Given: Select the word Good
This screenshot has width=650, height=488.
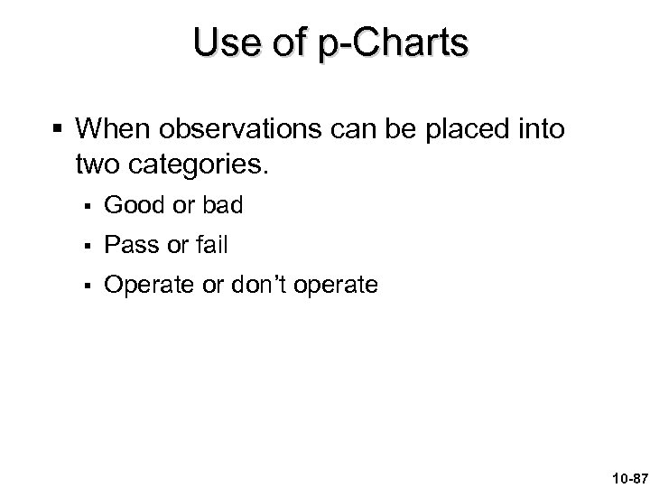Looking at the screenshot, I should click(x=135, y=206).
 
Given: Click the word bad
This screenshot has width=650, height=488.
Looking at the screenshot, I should click(x=221, y=206).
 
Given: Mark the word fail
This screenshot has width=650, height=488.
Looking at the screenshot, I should click(x=213, y=245).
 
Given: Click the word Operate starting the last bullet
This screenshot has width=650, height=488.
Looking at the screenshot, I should click(x=147, y=286).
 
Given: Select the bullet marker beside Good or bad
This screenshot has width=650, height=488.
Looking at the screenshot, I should click(x=87, y=207).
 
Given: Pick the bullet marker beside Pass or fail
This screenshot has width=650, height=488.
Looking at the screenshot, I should click(x=87, y=246).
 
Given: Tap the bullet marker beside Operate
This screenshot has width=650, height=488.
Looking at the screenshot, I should click(x=87, y=286).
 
